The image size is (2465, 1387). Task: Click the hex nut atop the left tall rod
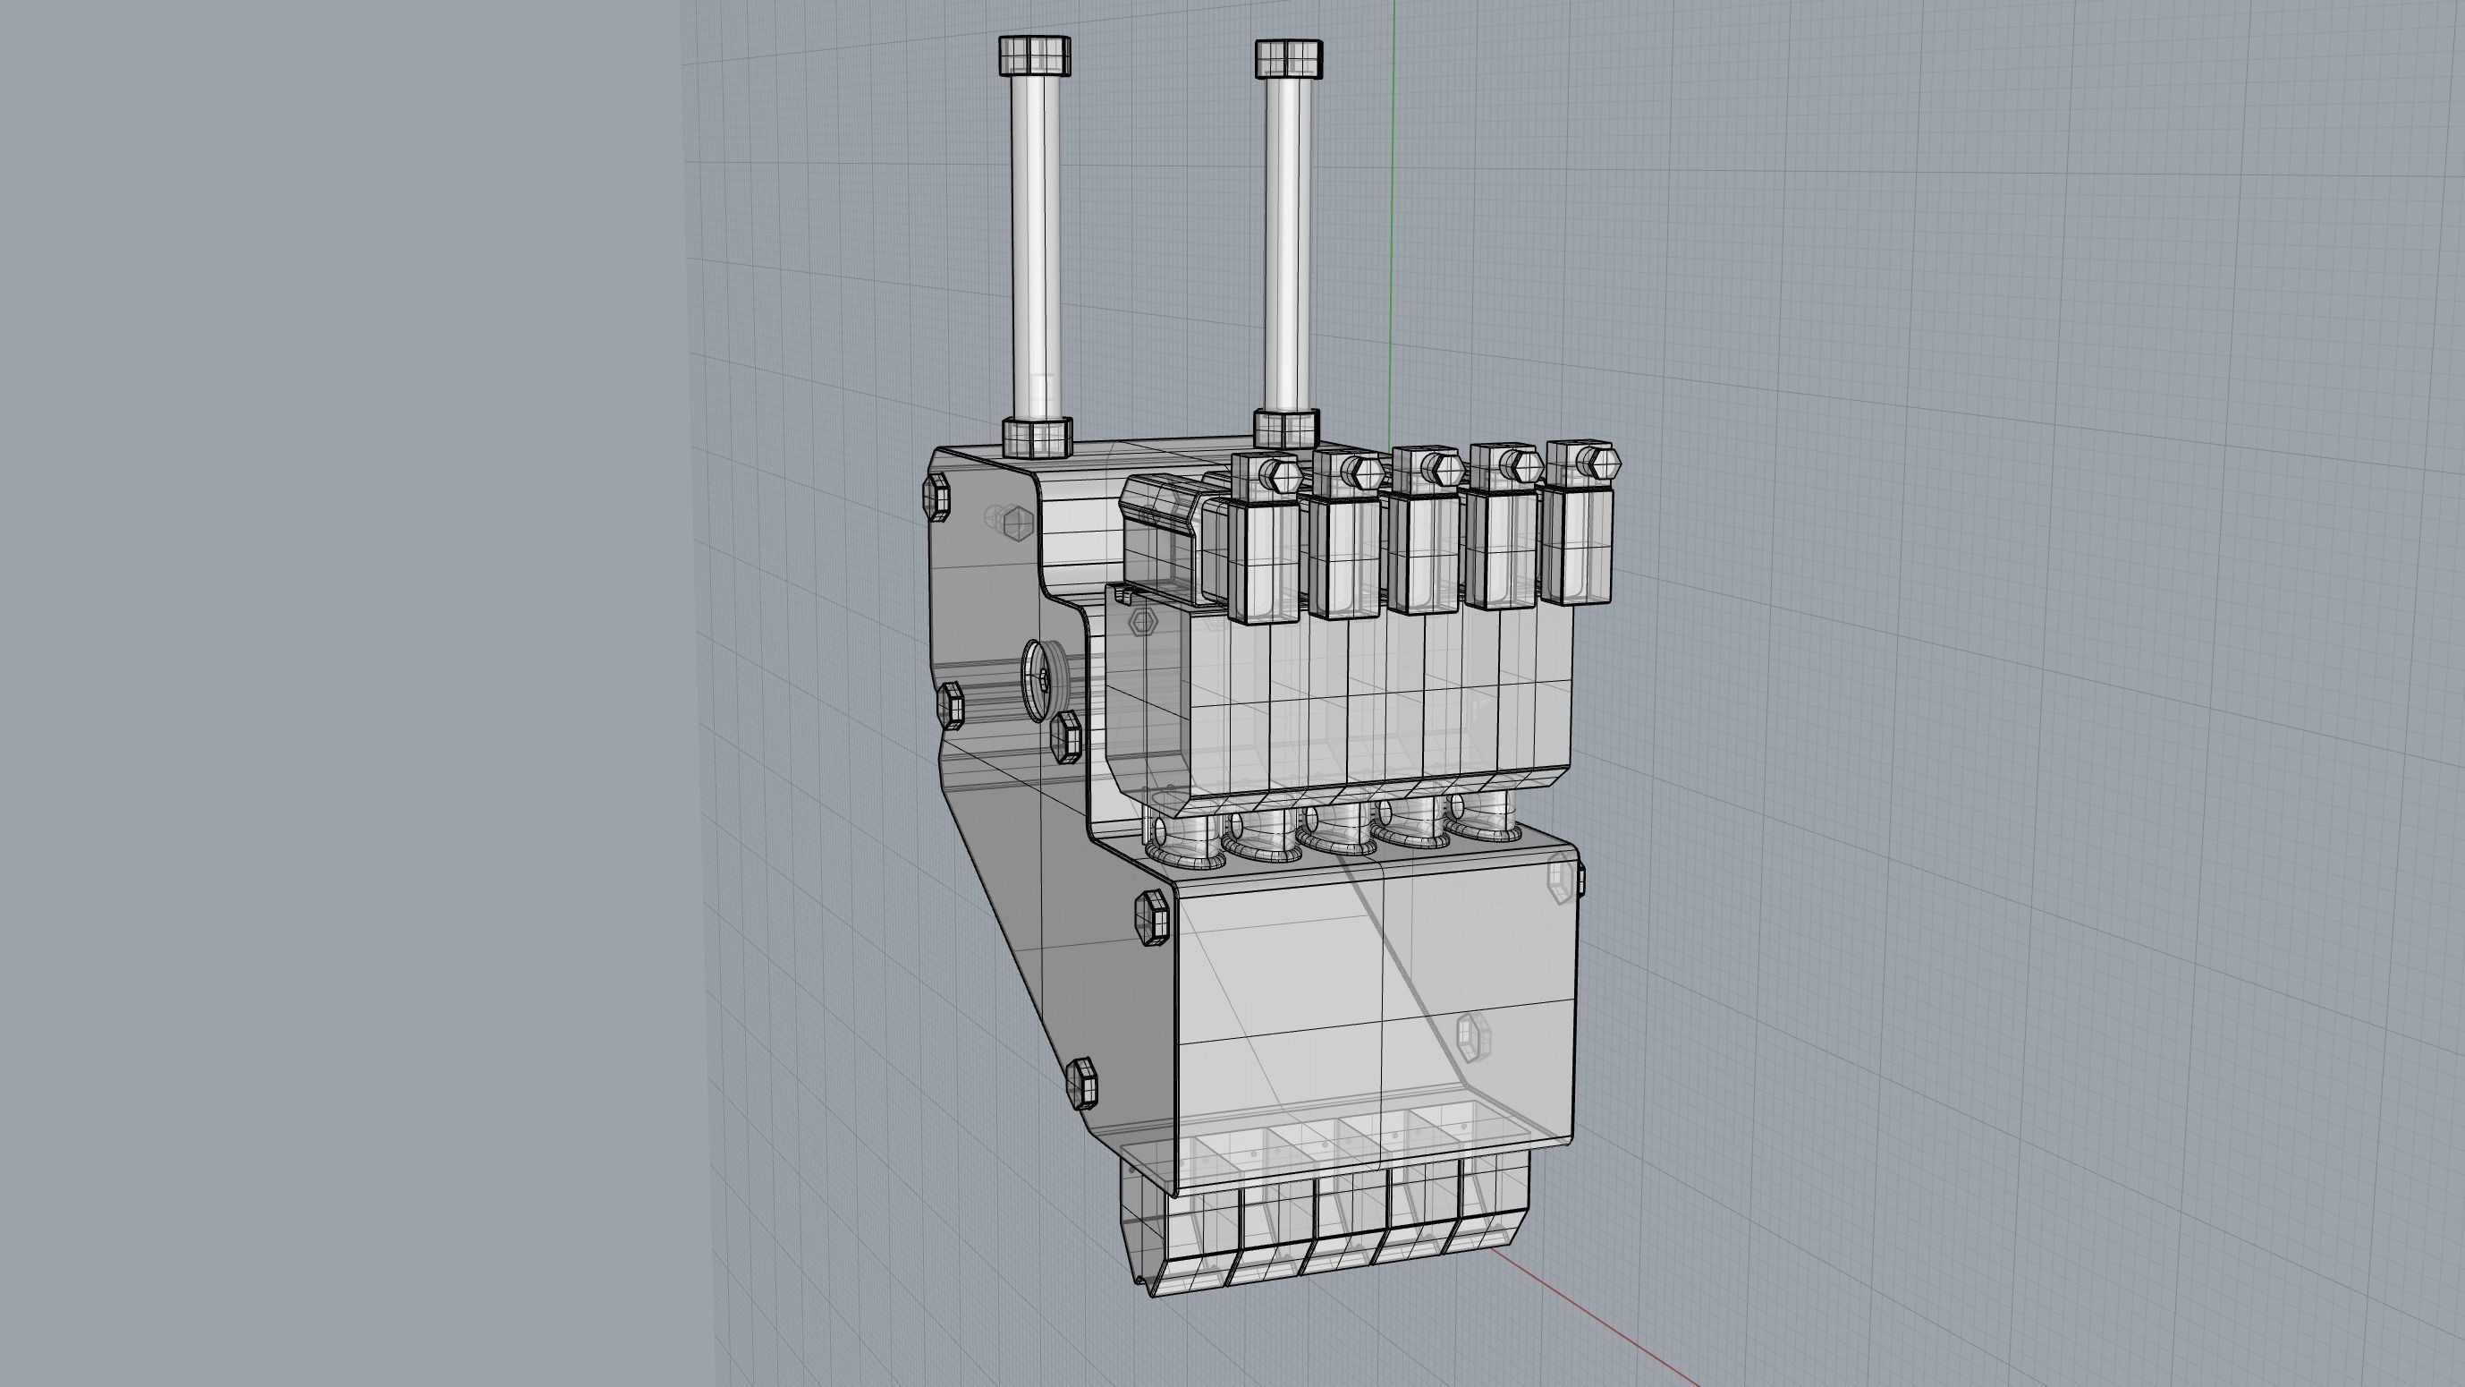(x=1035, y=55)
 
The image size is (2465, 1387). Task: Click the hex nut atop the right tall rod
(x=1289, y=58)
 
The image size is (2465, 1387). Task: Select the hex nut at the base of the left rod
(x=1037, y=437)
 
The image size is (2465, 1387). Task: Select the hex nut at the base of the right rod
(x=1286, y=429)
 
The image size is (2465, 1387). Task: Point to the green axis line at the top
(x=1393, y=191)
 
